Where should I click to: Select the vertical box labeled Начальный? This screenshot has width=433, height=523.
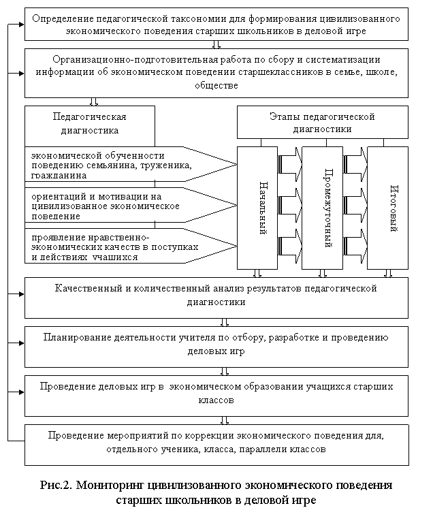[x=257, y=208]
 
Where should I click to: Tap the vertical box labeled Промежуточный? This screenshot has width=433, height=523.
[x=322, y=208]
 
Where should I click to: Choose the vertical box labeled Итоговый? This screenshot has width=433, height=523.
[x=387, y=208]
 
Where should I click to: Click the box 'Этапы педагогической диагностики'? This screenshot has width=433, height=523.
[x=323, y=122]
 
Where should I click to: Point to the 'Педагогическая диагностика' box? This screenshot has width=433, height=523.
[x=90, y=126]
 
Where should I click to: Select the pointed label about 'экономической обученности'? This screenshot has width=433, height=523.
[x=131, y=164]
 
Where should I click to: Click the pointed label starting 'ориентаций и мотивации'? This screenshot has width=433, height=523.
[x=131, y=205]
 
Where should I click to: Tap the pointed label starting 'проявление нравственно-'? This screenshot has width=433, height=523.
[x=131, y=246]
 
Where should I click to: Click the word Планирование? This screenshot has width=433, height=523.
[x=77, y=338]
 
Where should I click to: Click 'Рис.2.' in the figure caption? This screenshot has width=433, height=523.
[x=56, y=485]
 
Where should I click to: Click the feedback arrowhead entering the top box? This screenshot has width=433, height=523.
[x=22, y=25]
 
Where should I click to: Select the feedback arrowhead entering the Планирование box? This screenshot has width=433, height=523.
[x=22, y=343]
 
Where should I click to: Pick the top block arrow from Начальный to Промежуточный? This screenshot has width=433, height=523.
[x=289, y=164]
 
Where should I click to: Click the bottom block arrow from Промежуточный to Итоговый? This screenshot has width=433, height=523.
[x=355, y=246]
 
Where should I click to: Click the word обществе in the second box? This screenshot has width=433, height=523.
[x=216, y=86]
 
